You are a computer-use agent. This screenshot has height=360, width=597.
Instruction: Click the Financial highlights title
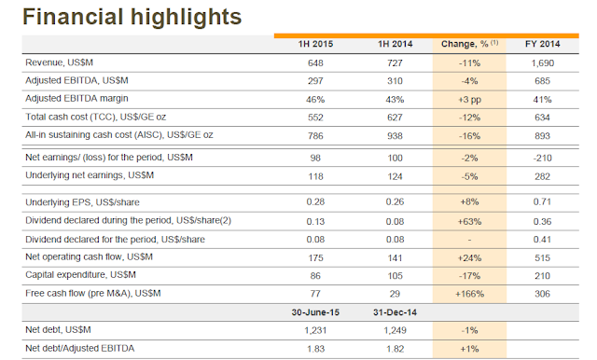(x=132, y=17)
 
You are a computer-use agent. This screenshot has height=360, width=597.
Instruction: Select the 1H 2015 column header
(x=315, y=44)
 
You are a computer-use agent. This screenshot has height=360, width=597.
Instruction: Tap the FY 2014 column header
(x=542, y=44)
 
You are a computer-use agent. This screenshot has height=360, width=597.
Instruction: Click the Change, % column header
(x=469, y=44)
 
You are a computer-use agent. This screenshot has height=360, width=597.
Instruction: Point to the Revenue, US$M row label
(x=59, y=62)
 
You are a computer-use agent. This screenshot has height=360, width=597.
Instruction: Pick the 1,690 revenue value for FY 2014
(x=542, y=63)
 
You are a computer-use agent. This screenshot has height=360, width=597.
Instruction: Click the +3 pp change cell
(x=469, y=100)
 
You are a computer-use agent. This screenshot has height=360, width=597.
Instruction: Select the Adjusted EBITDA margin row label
(x=76, y=99)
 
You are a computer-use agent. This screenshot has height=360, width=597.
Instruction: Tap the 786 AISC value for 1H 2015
(x=315, y=136)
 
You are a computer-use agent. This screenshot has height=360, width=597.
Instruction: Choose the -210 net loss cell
(x=542, y=158)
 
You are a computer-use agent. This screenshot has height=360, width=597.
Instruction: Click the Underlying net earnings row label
(x=90, y=175)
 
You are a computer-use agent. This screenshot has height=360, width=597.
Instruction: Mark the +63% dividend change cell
(x=469, y=221)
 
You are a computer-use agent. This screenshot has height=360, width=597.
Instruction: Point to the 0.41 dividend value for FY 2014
(x=542, y=240)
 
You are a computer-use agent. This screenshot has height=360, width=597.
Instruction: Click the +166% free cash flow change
(x=469, y=294)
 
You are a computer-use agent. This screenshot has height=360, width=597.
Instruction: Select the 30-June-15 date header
(x=315, y=312)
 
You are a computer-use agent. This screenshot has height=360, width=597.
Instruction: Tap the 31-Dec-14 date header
(x=395, y=312)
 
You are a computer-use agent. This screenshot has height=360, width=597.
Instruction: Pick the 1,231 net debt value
(x=315, y=330)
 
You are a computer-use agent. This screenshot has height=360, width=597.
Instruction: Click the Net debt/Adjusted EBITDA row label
(x=79, y=348)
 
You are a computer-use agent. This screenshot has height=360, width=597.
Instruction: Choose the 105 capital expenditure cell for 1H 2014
(x=395, y=276)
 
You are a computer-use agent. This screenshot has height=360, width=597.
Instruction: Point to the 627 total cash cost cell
(x=395, y=118)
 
